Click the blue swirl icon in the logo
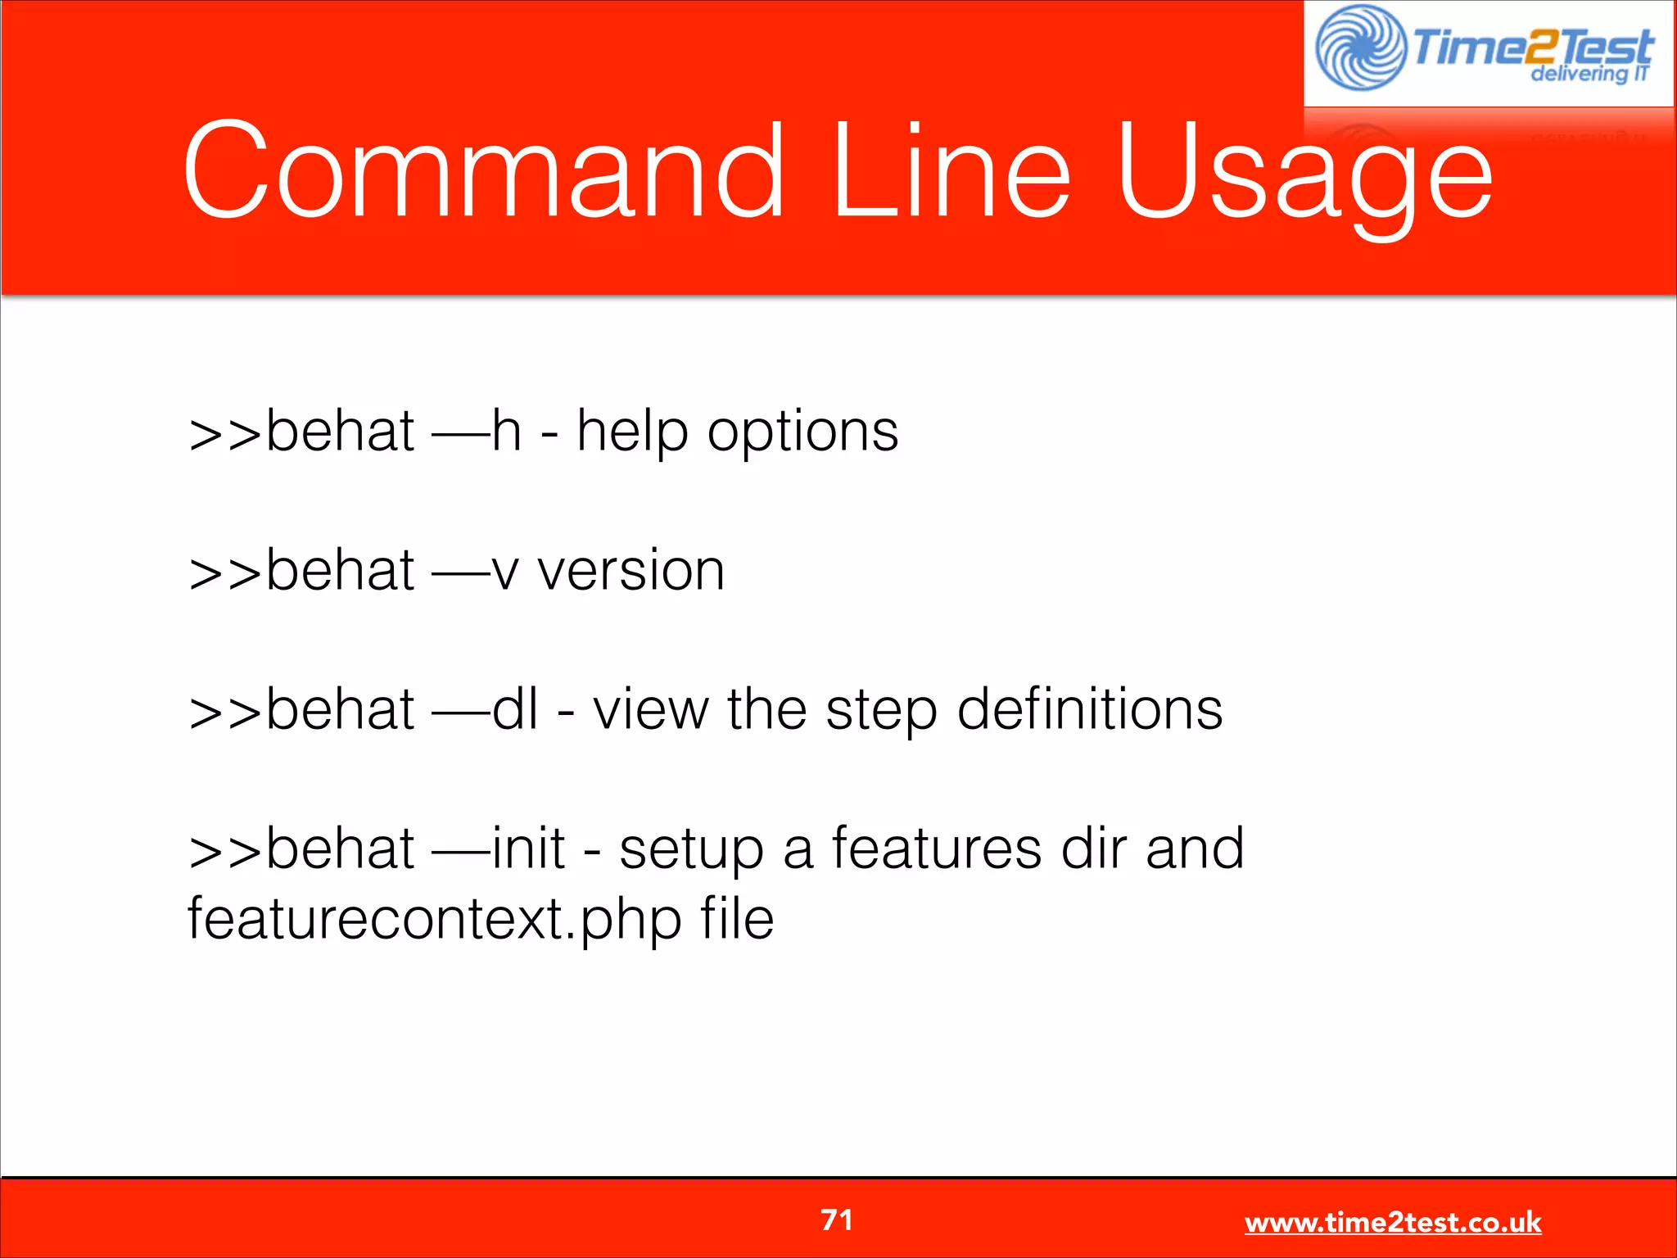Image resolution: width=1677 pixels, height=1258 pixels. pos(1360,48)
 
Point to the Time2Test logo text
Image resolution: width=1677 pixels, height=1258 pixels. pos(1531,48)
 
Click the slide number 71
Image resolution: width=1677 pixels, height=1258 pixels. pos(837,1220)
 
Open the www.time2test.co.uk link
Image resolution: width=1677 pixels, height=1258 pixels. pos(1392,1222)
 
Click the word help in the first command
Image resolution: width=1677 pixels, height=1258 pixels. pos(631,432)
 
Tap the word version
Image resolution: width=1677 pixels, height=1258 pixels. pos(631,571)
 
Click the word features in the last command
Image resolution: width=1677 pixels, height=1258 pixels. pos(937,848)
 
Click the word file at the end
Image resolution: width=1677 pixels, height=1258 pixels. pos(737,919)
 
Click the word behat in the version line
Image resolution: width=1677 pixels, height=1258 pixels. pos(339,571)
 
